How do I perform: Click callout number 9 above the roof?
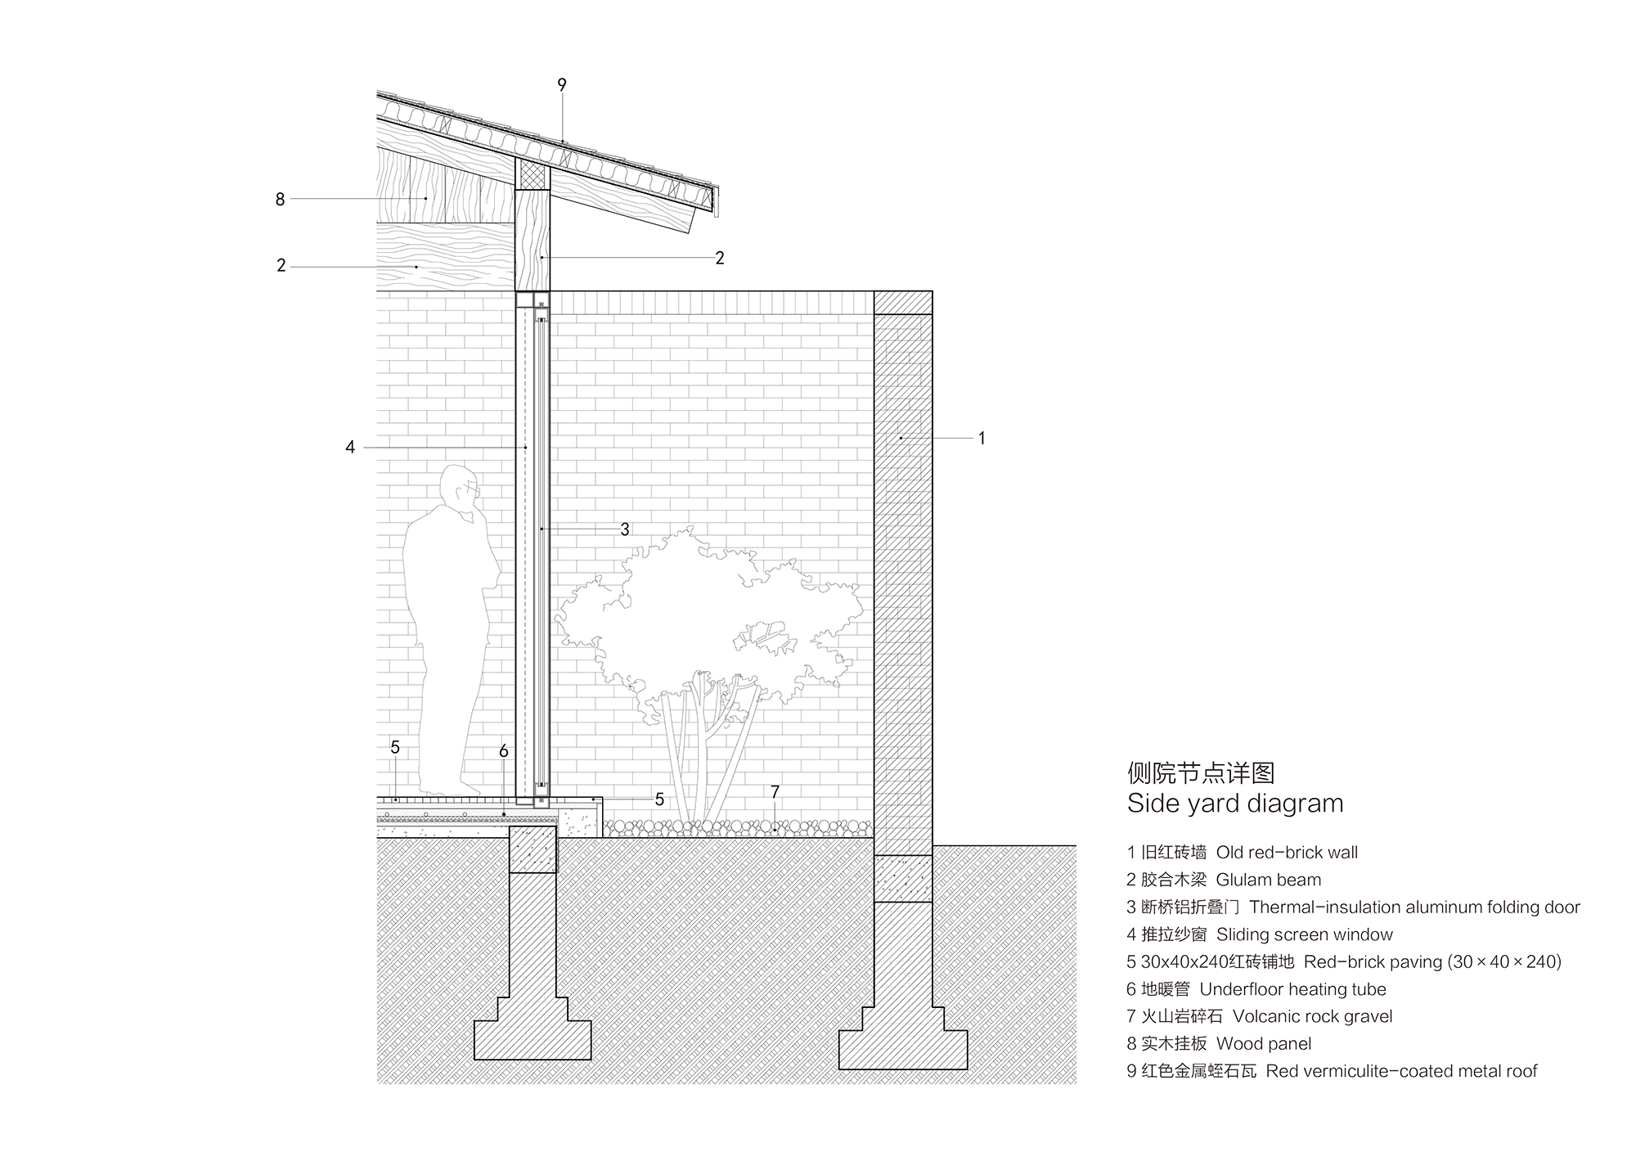coord(562,85)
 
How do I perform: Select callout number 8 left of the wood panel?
coord(280,199)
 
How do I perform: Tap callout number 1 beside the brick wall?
coord(982,439)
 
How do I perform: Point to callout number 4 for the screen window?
coord(350,448)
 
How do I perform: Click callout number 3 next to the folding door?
coord(625,529)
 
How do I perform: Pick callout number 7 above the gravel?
coord(775,792)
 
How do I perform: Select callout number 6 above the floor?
coord(504,751)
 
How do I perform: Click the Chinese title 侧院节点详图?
coord(1201,773)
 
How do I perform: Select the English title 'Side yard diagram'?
coord(1235,804)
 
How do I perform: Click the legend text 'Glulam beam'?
coord(1268,880)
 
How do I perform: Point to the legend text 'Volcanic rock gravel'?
coord(1312,1017)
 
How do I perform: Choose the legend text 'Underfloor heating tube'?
coord(1292,989)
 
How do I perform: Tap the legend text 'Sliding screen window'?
coord(1304,934)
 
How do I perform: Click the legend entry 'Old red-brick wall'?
coord(1286,853)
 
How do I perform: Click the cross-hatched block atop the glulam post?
coord(533,173)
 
